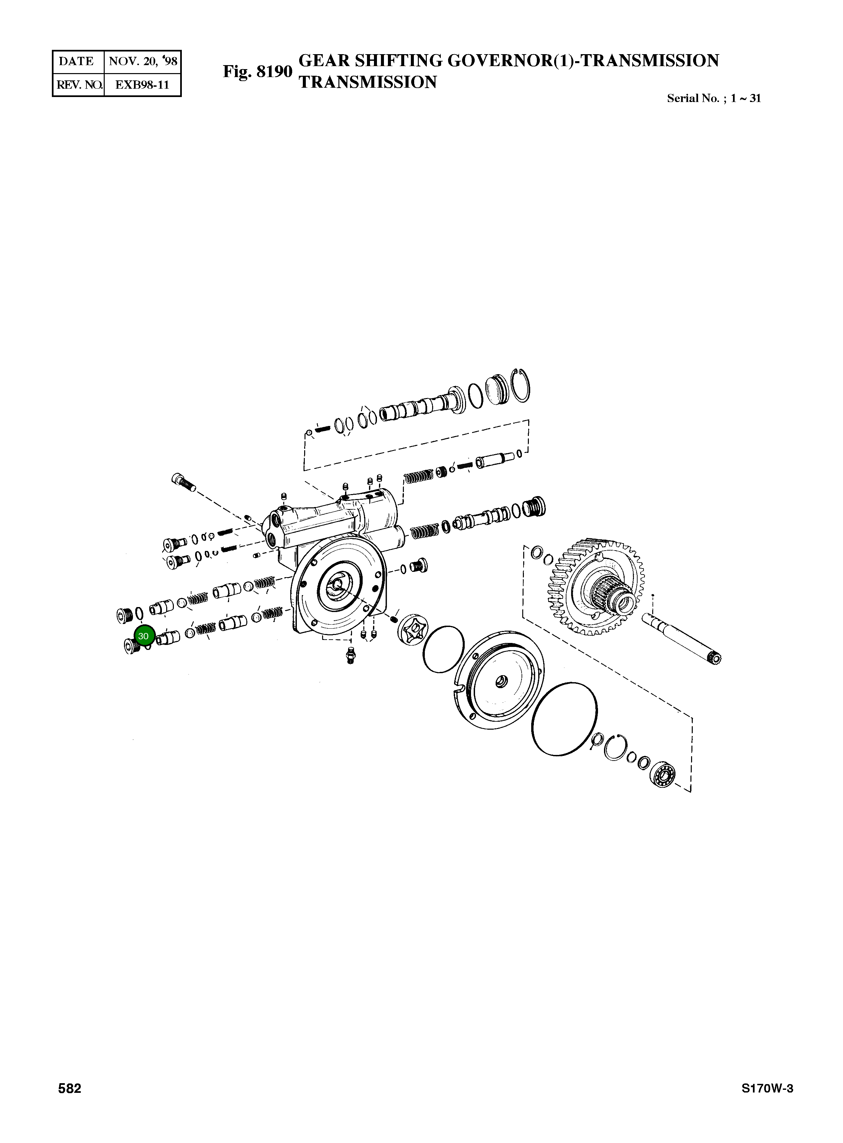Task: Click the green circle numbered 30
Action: click(x=143, y=636)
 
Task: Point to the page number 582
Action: click(x=69, y=1103)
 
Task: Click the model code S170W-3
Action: click(x=768, y=1103)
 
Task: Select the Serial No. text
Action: click(x=713, y=98)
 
